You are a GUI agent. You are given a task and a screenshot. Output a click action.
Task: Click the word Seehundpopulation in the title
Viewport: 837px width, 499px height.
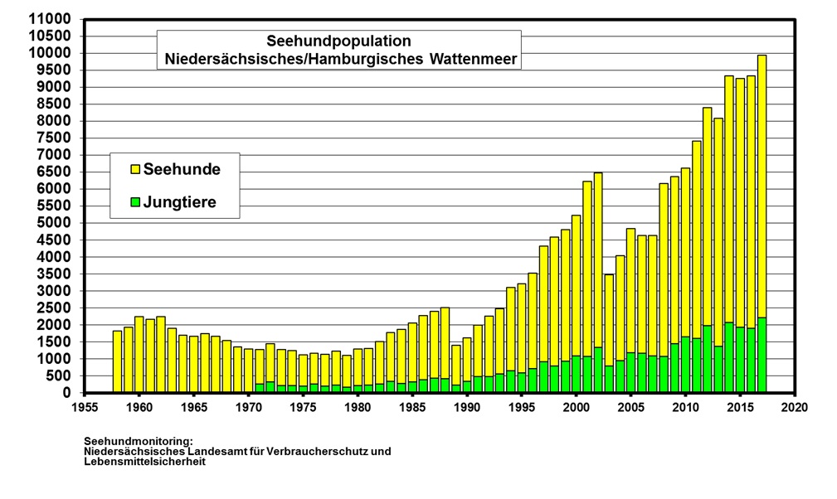338,41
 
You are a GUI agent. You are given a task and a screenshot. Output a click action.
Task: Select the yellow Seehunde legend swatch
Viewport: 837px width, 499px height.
135,169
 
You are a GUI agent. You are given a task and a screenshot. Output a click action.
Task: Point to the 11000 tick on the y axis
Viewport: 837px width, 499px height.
50,19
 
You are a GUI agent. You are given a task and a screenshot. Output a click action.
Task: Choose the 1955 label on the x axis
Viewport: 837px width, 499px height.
85,408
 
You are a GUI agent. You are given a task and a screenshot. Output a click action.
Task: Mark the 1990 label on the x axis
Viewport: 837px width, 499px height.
468,408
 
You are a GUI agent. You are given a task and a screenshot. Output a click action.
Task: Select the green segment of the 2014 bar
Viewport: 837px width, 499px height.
729,357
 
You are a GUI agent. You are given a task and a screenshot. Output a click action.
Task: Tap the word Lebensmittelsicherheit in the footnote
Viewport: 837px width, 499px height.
144,462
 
